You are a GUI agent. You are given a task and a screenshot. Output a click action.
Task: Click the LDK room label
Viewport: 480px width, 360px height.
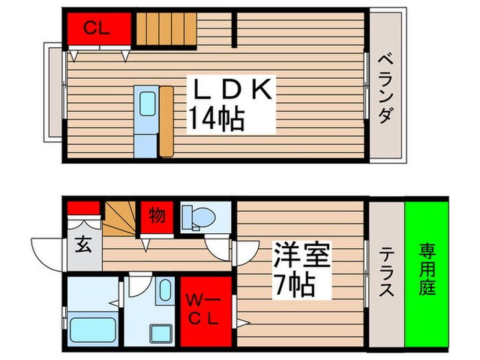[x=231, y=89]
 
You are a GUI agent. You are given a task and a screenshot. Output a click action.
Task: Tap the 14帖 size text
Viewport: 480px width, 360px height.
[x=217, y=120]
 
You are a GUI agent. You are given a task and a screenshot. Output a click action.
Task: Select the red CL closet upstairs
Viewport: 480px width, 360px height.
[x=98, y=29]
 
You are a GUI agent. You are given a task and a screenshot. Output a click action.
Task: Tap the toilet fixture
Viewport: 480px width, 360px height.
[x=198, y=217]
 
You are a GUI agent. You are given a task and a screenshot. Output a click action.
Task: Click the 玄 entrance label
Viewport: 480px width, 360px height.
[x=86, y=244]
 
